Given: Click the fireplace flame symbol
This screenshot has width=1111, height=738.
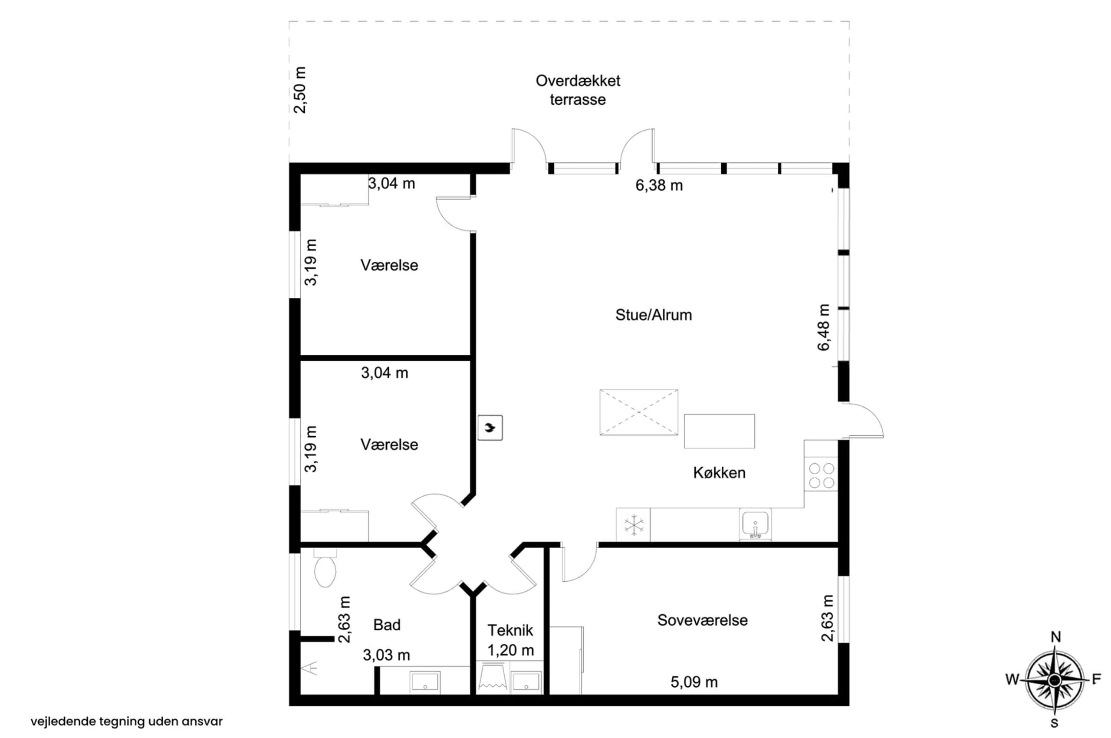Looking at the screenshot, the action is click(x=490, y=427).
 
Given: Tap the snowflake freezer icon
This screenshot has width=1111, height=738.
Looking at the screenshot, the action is click(x=633, y=525).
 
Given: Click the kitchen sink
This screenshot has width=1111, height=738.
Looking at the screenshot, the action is click(x=755, y=524).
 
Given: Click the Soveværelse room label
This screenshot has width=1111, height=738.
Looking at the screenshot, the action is click(x=702, y=620).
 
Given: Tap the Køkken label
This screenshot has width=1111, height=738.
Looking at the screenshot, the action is click(x=719, y=473).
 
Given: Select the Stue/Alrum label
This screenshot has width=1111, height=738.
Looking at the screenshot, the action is click(x=654, y=315).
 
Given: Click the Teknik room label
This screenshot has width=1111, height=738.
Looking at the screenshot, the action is click(x=510, y=630).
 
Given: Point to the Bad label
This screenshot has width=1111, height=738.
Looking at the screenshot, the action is click(x=387, y=625).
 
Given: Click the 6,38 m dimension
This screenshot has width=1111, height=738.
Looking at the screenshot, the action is click(x=659, y=185).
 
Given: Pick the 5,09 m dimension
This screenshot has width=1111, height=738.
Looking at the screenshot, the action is click(x=694, y=682).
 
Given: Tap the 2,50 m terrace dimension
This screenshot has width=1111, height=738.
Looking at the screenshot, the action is click(x=300, y=90).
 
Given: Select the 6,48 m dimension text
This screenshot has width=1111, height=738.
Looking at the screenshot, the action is click(x=824, y=328).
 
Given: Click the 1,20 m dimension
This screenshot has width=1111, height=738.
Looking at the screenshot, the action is click(x=510, y=650).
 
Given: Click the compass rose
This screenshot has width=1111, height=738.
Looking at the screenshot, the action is click(x=1055, y=680).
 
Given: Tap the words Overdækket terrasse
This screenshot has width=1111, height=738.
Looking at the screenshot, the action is click(x=578, y=90).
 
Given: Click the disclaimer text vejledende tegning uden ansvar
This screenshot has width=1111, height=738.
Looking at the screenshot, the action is click(x=127, y=721).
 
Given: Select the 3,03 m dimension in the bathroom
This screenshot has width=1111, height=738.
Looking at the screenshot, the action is click(x=386, y=655).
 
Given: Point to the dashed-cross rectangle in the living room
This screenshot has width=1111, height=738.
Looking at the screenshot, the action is click(x=638, y=412).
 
